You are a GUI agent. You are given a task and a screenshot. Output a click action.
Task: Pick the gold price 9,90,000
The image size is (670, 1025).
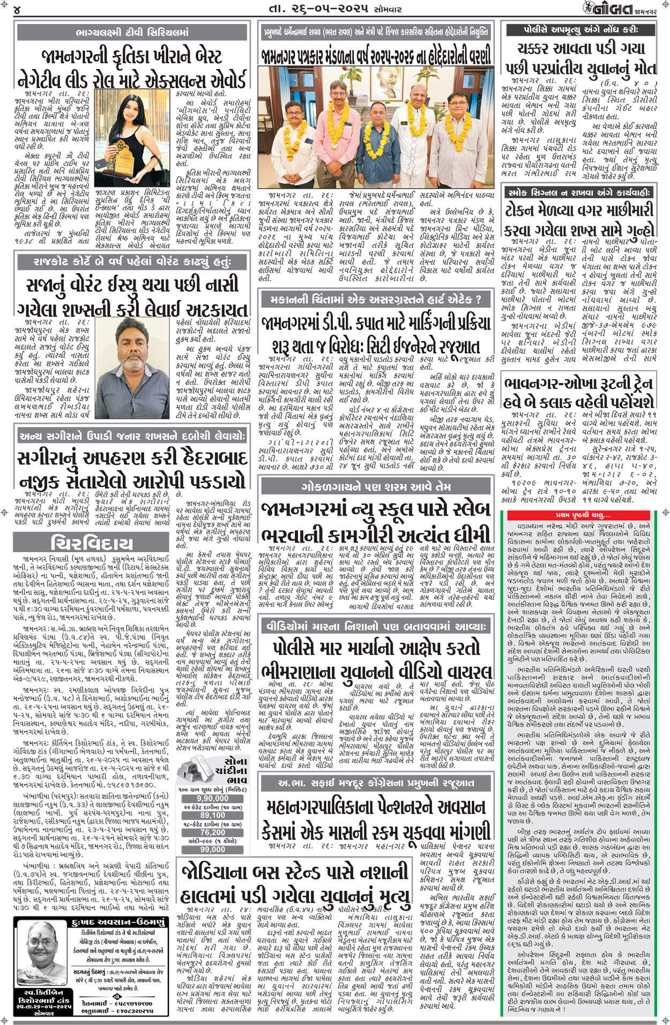(x=212, y=798)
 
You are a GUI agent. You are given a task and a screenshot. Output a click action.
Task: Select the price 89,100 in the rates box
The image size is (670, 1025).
(x=212, y=815)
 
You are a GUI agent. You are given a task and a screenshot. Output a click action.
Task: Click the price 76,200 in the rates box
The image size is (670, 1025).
(x=212, y=832)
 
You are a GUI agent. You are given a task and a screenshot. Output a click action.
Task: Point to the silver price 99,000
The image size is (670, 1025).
(x=212, y=849)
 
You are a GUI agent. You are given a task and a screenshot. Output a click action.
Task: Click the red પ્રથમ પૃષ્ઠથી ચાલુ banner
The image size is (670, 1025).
(x=583, y=516)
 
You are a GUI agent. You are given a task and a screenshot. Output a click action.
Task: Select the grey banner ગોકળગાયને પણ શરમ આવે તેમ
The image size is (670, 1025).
(x=375, y=487)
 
